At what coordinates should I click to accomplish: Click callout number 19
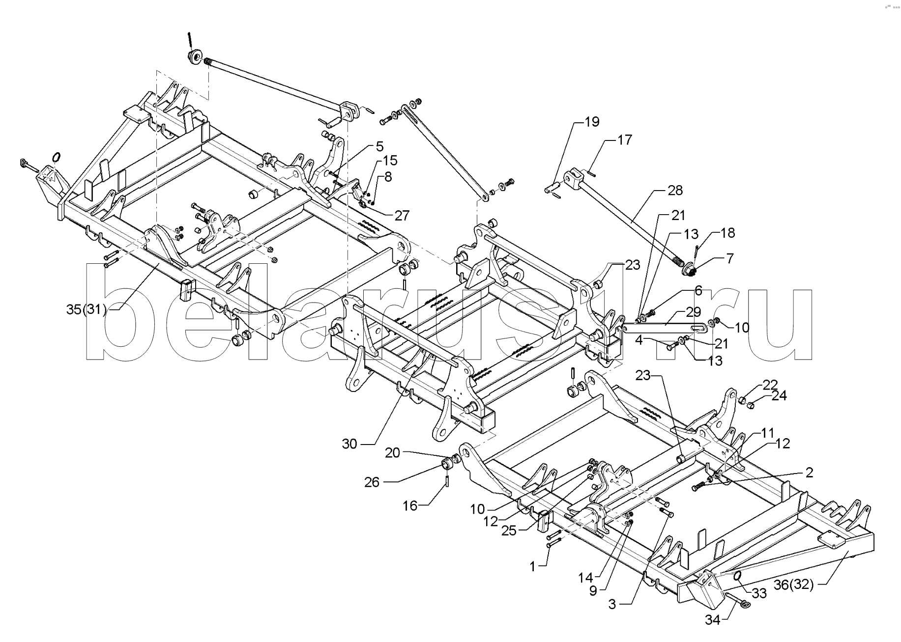(592, 122)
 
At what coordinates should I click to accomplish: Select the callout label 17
(624, 140)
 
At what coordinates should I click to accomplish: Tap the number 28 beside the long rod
(675, 191)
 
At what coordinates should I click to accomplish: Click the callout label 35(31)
(87, 309)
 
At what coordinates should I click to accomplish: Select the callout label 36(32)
(794, 585)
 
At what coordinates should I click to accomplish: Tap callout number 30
(349, 444)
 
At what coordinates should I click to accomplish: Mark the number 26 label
(372, 482)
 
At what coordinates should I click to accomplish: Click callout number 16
(410, 506)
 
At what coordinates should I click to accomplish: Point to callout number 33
(759, 593)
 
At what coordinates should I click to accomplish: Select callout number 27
(402, 215)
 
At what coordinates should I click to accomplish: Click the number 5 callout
(379, 146)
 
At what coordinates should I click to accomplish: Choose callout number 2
(809, 473)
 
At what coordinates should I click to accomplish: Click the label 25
(509, 530)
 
